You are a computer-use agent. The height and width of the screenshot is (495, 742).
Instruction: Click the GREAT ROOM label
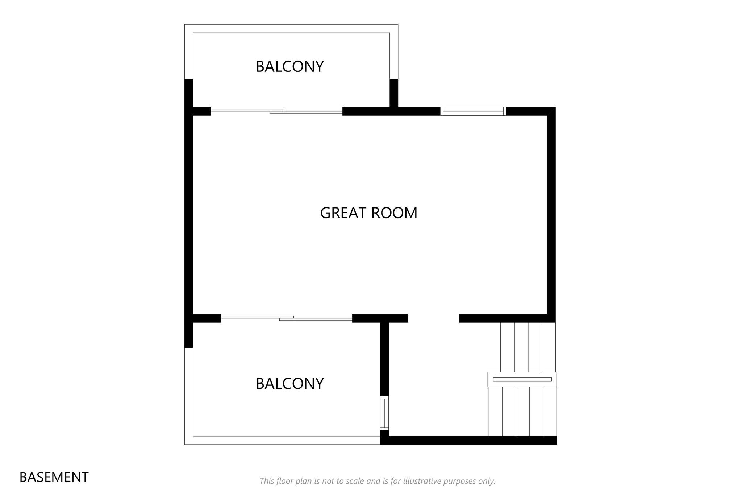tap(368, 213)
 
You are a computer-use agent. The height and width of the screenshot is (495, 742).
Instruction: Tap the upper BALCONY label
tap(289, 66)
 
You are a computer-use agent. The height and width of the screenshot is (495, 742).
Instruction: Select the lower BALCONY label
tap(289, 384)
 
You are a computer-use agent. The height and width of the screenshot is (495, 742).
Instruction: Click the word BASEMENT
tap(54, 477)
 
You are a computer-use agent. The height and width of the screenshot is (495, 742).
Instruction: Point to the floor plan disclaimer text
tap(377, 481)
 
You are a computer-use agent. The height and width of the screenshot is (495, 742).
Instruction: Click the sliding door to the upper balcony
tap(277, 111)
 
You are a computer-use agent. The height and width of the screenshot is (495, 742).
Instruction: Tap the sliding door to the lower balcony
tap(287, 318)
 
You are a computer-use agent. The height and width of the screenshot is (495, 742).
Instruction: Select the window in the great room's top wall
tap(473, 111)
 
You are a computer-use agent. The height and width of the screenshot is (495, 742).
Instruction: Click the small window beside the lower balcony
tap(384, 413)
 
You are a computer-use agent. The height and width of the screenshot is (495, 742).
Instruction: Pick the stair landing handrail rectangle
tap(522, 379)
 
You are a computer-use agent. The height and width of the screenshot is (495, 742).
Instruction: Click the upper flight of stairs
tap(528, 347)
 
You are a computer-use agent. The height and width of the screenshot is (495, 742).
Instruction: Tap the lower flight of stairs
tap(522, 412)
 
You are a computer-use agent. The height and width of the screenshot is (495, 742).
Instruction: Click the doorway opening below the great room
tap(434, 318)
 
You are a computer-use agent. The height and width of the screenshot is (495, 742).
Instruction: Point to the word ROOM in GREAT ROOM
tap(394, 213)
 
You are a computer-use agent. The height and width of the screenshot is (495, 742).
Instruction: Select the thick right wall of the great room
tap(551, 215)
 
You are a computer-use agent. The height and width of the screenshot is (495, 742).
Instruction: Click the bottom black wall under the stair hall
tap(468, 440)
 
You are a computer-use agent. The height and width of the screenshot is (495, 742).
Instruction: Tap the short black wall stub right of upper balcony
tap(394, 93)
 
